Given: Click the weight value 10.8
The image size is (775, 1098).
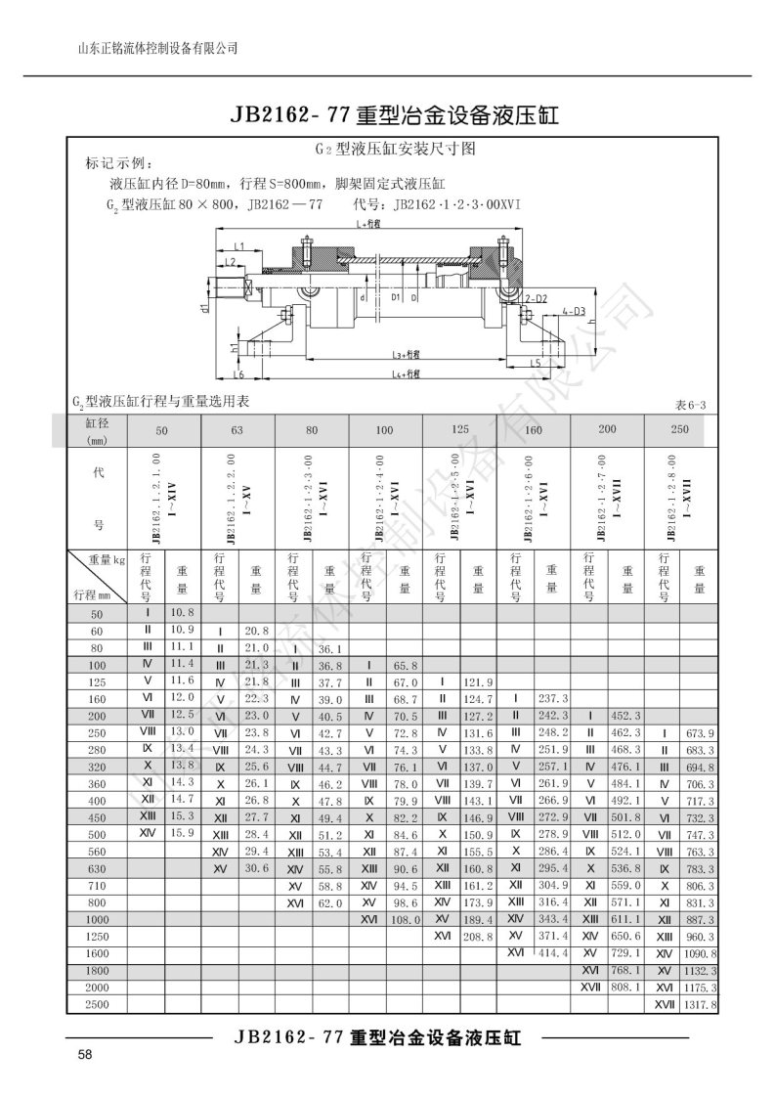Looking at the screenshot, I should coord(183,613).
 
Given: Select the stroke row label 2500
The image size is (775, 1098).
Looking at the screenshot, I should coord(96,1004).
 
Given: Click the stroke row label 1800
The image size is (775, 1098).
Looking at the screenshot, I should coord(96,971).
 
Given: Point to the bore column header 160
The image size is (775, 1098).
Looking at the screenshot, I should coord(534,431).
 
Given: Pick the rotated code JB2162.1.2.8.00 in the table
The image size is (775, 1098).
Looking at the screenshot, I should coord(673,498).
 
